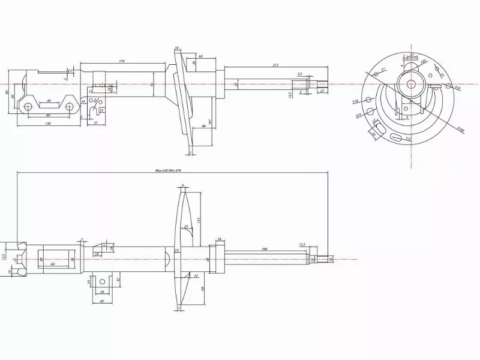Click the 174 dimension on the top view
(122, 61)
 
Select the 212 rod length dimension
(275, 65)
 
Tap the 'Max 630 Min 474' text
(168, 170)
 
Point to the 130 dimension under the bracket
(47, 124)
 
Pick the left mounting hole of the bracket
(28, 107)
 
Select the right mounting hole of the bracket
(70, 107)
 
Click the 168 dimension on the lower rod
(264, 248)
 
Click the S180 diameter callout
(460, 128)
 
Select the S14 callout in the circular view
(358, 115)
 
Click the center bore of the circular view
(412, 84)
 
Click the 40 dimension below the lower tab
(102, 301)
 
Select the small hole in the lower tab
(103, 281)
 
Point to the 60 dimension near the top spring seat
(200, 56)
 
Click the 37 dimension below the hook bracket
(95, 123)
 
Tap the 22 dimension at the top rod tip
(322, 91)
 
